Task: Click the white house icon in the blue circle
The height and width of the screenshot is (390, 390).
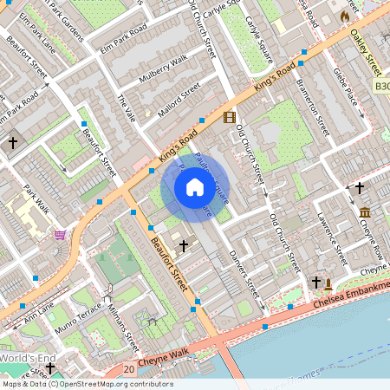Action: (195, 187)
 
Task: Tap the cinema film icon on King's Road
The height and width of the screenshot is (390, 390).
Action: (229, 118)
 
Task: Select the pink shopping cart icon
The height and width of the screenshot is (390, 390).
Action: (59, 235)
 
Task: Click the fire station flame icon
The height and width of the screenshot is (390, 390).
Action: (346, 16)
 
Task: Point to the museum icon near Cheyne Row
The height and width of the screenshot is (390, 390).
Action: (365, 213)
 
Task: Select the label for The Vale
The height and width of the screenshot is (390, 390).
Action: (126, 108)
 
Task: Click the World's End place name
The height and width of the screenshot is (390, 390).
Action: (28, 358)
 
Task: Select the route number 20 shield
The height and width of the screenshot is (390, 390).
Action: (128, 370)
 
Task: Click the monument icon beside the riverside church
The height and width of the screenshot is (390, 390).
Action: (329, 283)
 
